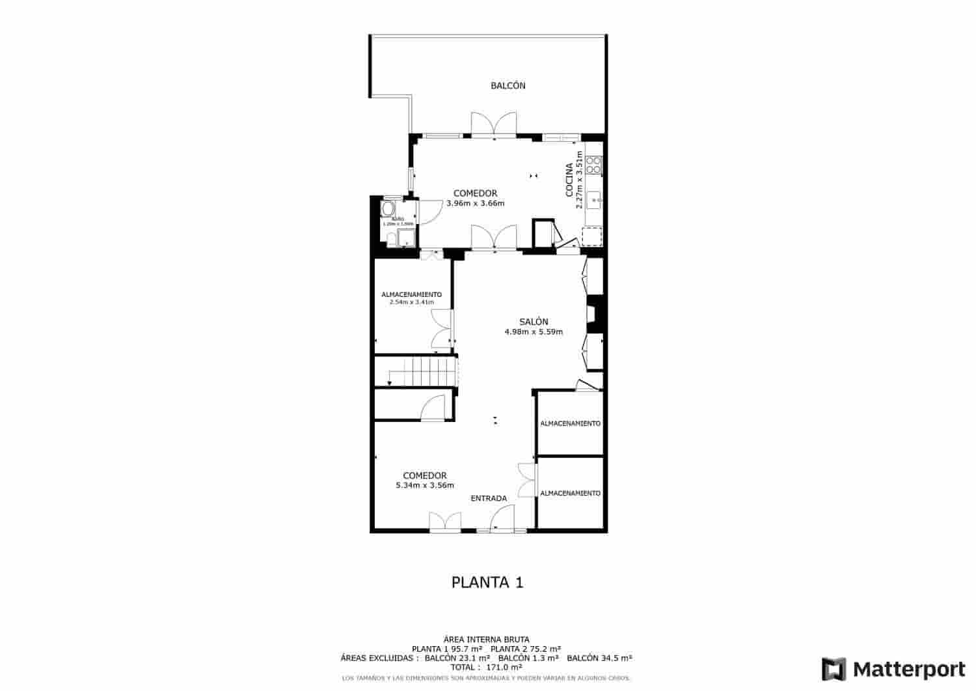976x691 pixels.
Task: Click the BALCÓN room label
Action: pos(508,86)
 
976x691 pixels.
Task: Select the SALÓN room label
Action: pos(534,322)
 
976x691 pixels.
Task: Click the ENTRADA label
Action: pos(489,499)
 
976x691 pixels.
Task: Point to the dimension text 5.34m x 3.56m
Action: pos(425,485)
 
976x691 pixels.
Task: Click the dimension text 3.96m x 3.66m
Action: pos(476,203)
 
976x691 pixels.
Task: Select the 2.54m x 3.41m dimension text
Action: pos(411,302)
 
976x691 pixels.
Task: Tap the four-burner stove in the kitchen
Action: pos(593,165)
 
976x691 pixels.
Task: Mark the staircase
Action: pos(416,372)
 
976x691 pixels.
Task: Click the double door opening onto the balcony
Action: pos(494,124)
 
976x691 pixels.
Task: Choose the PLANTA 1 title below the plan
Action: pos(487,582)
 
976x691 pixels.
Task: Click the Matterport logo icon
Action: pos(834,670)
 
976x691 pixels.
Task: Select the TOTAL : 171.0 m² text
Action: pos(487,668)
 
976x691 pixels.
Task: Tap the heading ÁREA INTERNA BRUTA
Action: pos(487,640)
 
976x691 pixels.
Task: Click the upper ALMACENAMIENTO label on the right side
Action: pos(570,424)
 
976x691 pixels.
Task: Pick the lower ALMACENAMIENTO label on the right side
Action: pos(570,494)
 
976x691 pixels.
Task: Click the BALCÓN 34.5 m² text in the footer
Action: pos(599,658)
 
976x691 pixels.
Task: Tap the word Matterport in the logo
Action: pos(909,670)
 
